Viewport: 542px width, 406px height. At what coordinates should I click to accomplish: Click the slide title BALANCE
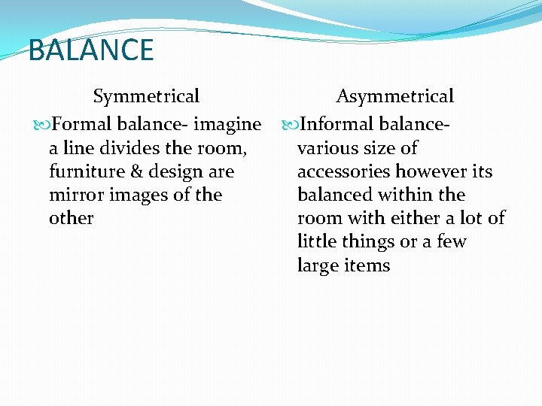[x=91, y=50]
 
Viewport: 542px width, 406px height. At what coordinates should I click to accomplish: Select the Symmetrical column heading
[x=146, y=96]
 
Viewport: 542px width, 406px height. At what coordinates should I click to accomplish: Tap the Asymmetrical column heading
[x=394, y=96]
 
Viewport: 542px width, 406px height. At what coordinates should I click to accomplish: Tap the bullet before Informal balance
[x=290, y=124]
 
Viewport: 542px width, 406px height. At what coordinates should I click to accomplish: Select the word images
[x=139, y=195]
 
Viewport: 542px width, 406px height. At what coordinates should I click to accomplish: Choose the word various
[x=326, y=148]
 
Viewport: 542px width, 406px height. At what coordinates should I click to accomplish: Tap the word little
[x=319, y=241]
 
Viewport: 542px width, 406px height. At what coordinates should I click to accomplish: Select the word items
[x=368, y=265]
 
